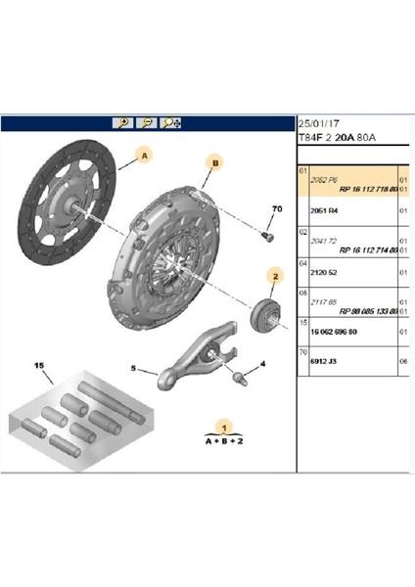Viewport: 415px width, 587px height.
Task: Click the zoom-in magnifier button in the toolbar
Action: point(123,123)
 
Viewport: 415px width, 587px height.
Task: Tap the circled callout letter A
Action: point(144,155)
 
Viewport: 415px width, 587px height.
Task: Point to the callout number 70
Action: point(275,210)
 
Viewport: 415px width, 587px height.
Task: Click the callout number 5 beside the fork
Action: point(136,369)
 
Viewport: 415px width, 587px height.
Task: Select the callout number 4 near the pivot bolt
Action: point(262,366)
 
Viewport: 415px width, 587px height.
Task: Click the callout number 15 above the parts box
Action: point(40,366)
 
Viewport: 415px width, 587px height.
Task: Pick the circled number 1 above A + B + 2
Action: point(223,428)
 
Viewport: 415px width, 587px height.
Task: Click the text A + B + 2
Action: point(223,441)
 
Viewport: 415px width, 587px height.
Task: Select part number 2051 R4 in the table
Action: point(324,209)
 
